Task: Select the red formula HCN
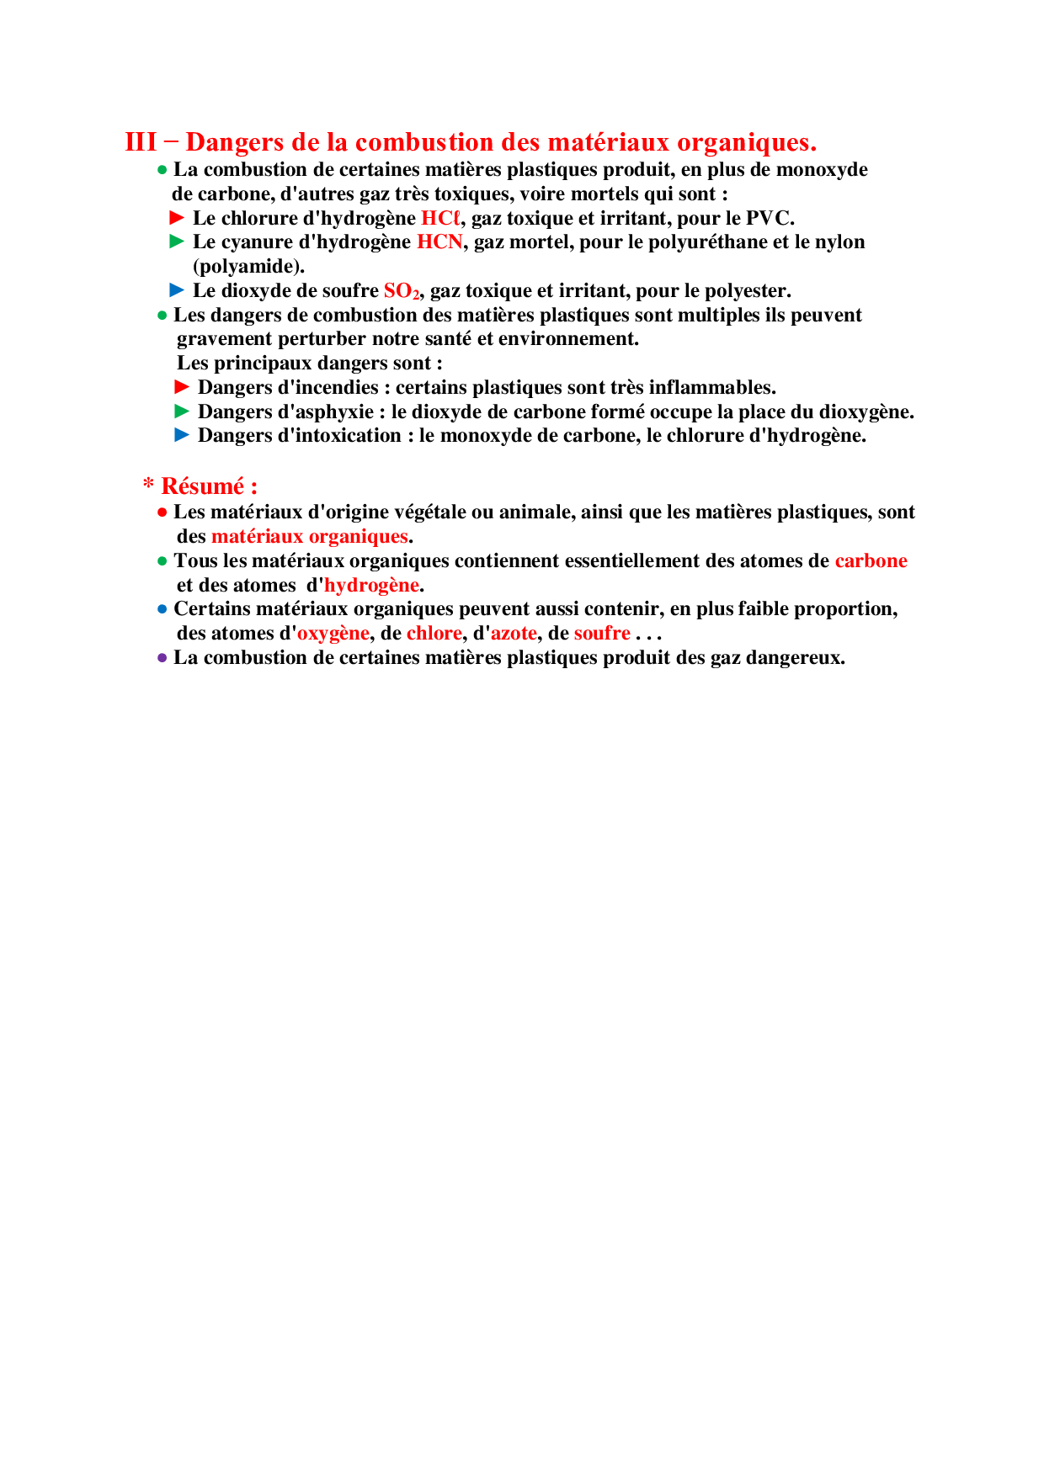[x=439, y=242]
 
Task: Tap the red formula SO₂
[x=401, y=291]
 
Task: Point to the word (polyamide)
[x=248, y=267]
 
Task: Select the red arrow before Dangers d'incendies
[x=182, y=387]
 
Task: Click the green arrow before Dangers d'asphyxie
[x=182, y=411]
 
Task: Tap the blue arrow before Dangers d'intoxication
[x=182, y=435]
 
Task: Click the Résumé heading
[x=208, y=486]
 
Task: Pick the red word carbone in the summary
[x=871, y=561]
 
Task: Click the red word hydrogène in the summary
[x=371, y=586]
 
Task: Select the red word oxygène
[x=333, y=634]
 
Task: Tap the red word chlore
[x=434, y=634]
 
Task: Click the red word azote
[x=514, y=634]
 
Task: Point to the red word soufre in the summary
[x=602, y=634]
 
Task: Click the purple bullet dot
[x=162, y=658]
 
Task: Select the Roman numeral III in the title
[x=141, y=142]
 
